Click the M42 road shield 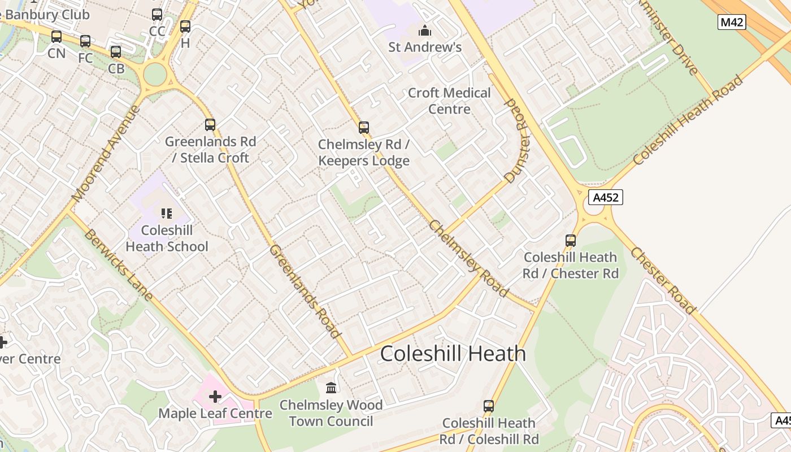tap(732, 22)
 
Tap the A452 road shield tap(605, 197)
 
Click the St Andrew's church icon tap(424, 31)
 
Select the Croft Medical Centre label tap(449, 101)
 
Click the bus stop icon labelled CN tap(56, 37)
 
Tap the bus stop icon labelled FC tap(85, 41)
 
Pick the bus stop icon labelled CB tap(116, 52)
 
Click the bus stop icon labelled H tap(185, 26)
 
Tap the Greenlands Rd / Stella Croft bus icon tap(210, 125)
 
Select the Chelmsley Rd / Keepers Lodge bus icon tap(364, 128)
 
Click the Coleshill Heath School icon tap(166, 213)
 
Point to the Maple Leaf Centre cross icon tap(215, 397)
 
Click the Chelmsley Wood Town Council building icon tap(331, 388)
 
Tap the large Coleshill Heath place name tap(453, 354)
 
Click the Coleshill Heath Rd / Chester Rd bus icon tap(571, 241)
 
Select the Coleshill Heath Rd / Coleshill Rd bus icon tap(489, 406)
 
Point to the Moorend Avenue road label tap(106, 154)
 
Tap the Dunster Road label tap(517, 141)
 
